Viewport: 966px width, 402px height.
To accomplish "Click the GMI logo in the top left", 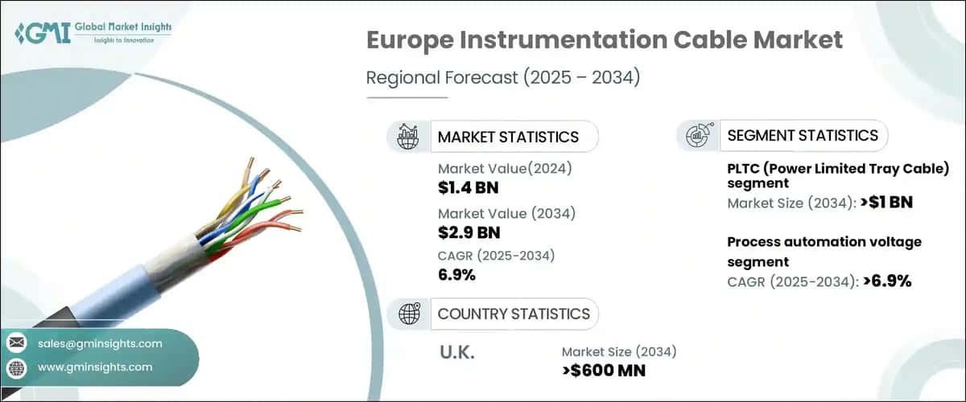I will [x=93, y=32].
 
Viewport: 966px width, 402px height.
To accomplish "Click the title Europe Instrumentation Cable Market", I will [x=605, y=40].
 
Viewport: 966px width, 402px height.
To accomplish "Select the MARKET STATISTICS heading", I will [x=508, y=137].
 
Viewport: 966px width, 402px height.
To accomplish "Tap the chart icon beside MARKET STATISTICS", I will [x=407, y=137].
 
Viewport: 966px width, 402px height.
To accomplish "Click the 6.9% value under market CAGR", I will [x=456, y=275].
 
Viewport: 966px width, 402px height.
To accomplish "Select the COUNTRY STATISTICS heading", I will [x=514, y=314].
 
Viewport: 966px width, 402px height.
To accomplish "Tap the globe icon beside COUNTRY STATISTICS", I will [x=407, y=314].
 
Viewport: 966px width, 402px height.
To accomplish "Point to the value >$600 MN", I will [x=604, y=370].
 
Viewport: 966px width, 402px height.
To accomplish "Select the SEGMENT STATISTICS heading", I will [x=803, y=135].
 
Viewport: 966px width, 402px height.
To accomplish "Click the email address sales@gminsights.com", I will [x=100, y=344].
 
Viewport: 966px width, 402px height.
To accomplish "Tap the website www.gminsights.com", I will [x=95, y=367].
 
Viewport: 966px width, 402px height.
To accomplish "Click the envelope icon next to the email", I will [x=17, y=344].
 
